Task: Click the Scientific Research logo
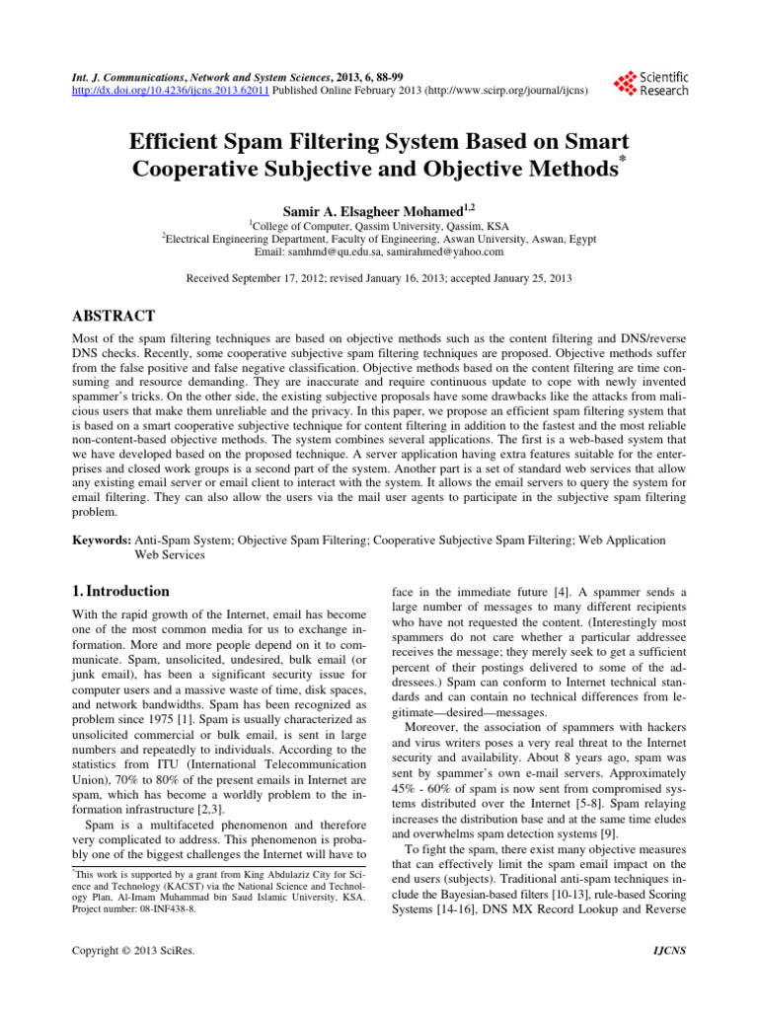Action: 650,83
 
